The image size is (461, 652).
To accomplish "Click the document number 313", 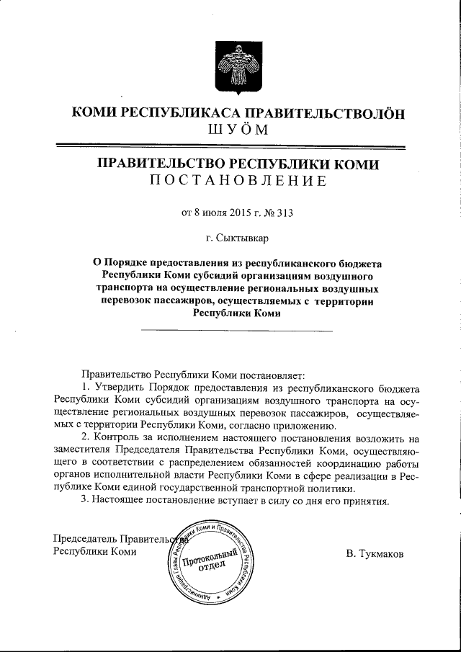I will [x=286, y=213].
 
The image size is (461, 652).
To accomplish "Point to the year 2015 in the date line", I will [x=240, y=213].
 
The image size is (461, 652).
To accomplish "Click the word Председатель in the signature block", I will [x=85, y=538].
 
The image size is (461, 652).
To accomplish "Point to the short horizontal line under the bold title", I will [x=237, y=331].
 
